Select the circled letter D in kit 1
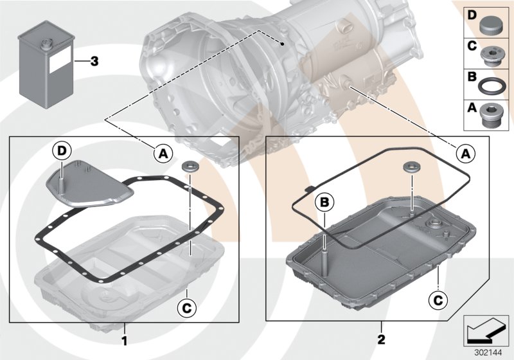(61, 152)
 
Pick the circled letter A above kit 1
(163, 153)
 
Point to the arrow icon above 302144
(486, 330)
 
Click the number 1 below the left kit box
(124, 339)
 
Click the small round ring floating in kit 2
(411, 168)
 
